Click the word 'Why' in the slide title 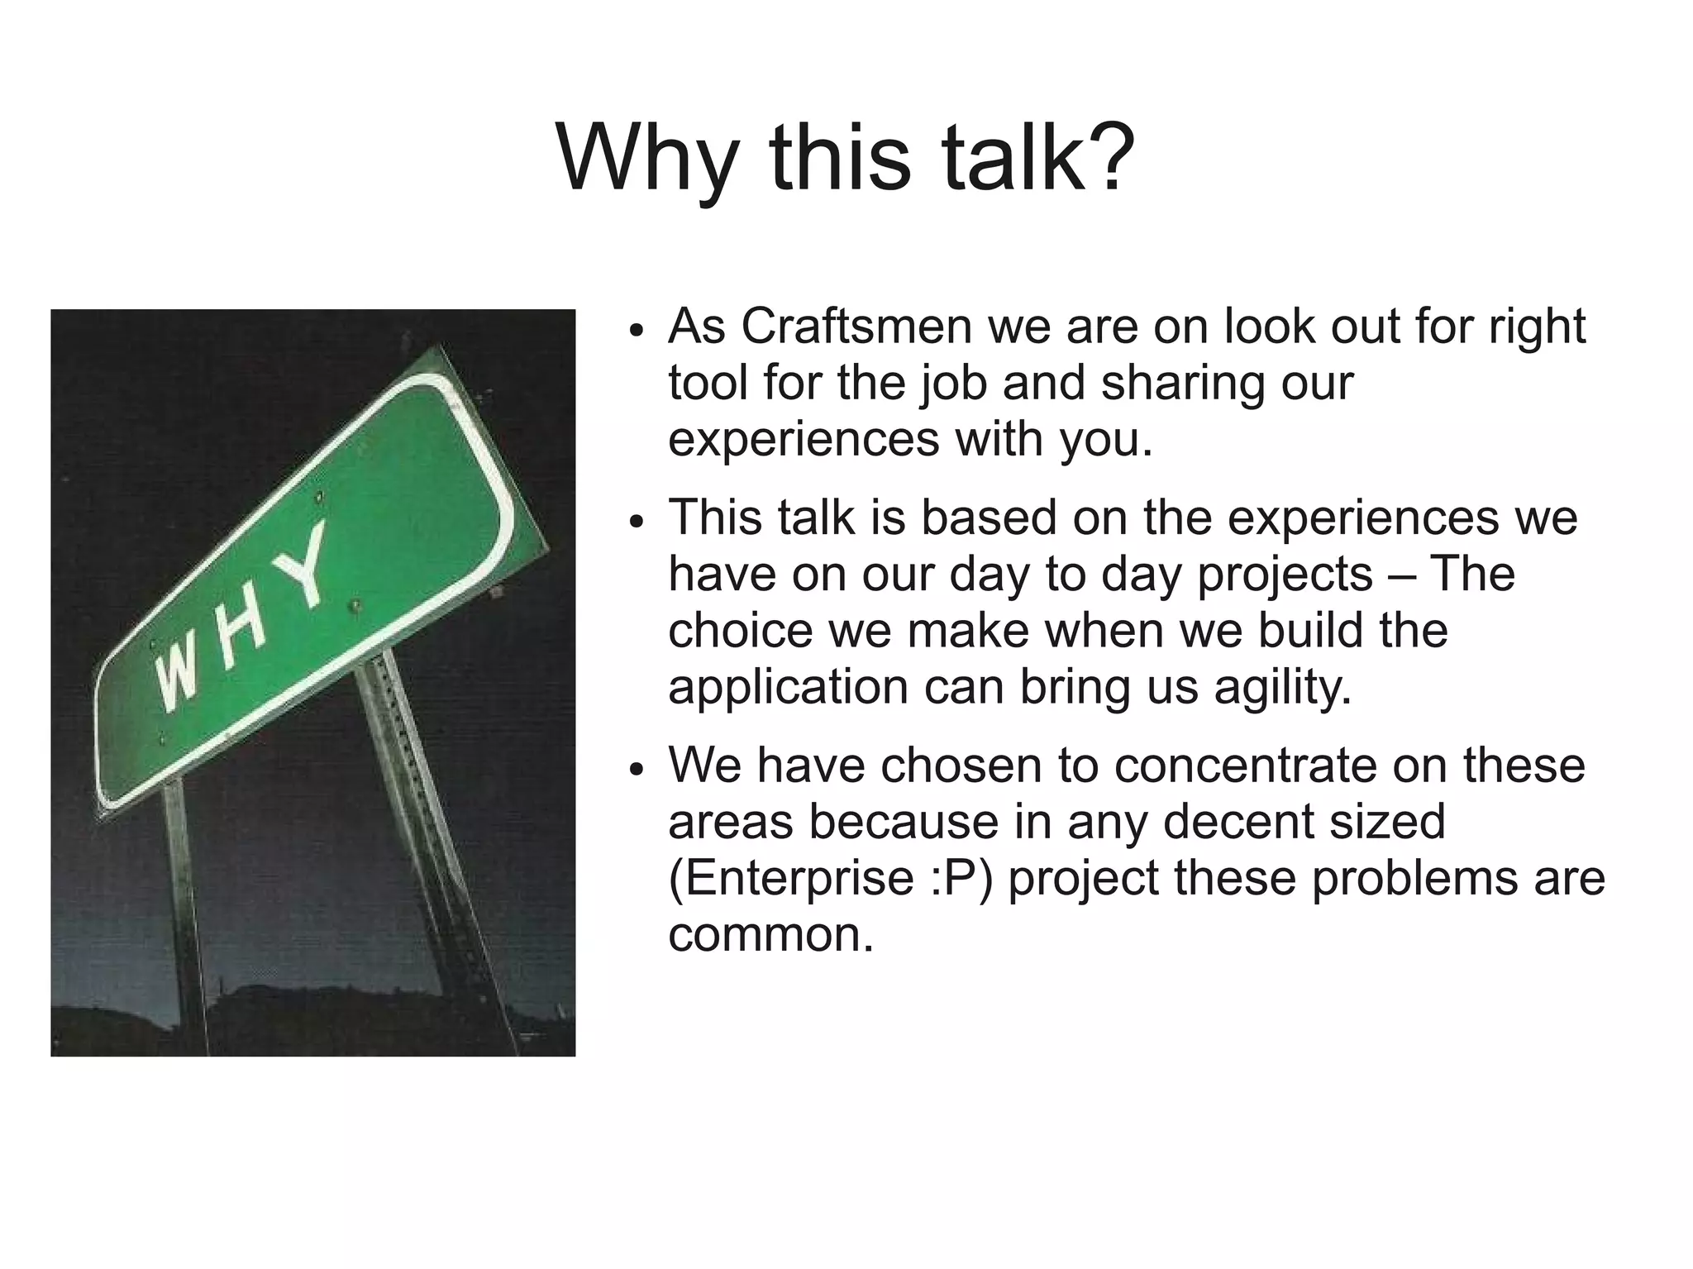tap(646, 157)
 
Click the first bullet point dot tap(635, 330)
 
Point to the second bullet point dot tap(635, 522)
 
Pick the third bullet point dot tap(635, 769)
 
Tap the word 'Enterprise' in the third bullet tap(790, 878)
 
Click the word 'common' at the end tap(770, 935)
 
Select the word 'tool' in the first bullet tap(708, 383)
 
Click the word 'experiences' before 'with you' tap(804, 440)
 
